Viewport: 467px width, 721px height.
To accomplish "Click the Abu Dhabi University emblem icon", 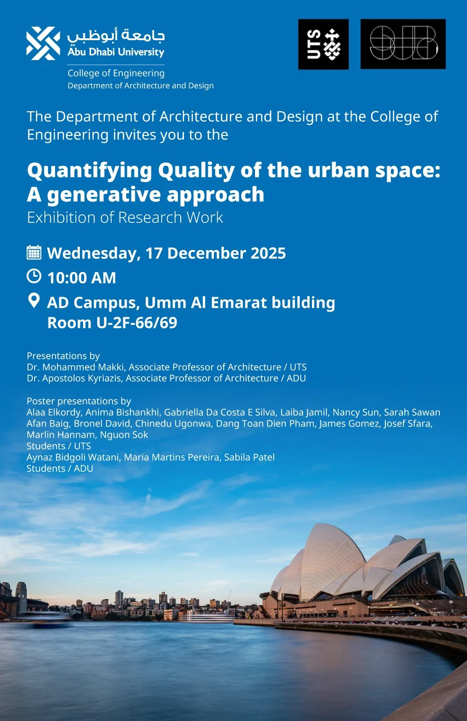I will coord(43,43).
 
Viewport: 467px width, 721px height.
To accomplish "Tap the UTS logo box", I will coord(323,44).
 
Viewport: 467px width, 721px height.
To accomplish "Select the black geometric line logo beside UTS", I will coord(403,44).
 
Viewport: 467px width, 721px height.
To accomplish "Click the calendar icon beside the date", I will coord(34,252).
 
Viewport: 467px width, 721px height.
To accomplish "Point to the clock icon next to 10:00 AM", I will coord(34,277).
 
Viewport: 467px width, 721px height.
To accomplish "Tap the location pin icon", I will coord(34,300).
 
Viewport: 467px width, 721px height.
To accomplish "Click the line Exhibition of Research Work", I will coord(125,218).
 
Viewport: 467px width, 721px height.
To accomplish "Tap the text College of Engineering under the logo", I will coord(116,73).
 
